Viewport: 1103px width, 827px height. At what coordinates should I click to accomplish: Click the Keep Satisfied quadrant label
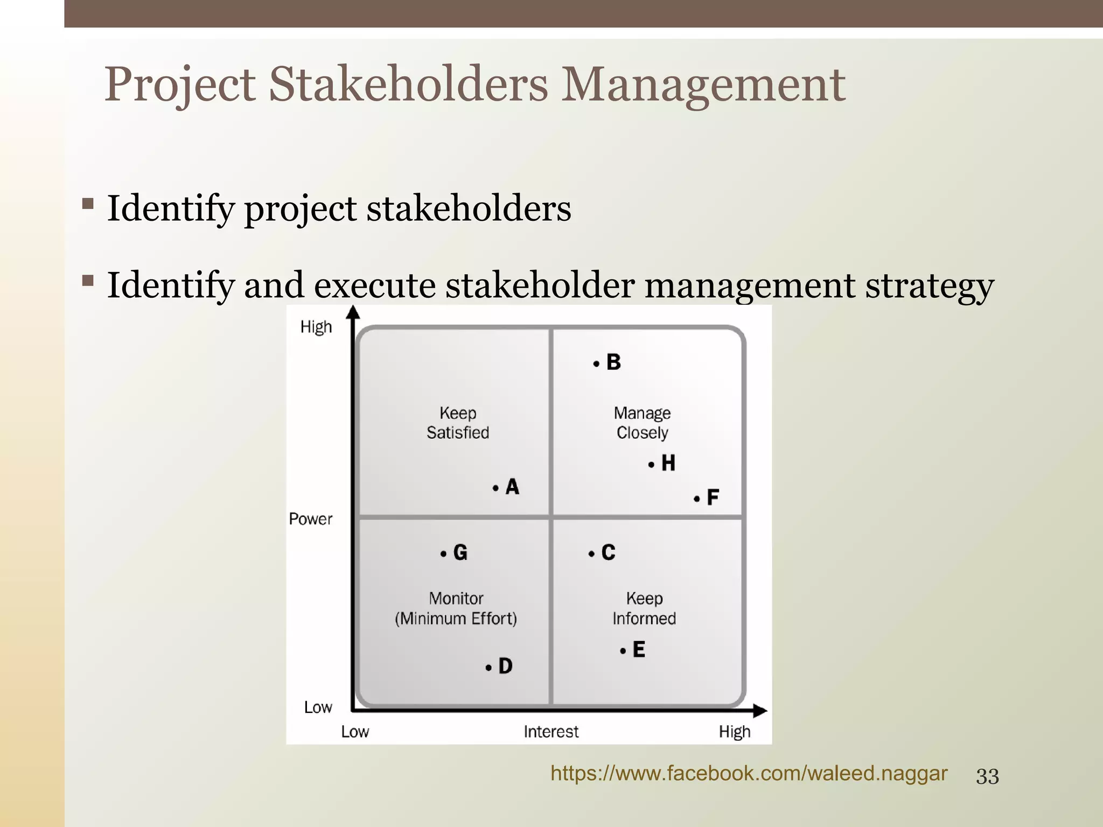[x=458, y=423]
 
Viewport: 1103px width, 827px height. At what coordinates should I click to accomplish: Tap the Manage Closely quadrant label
[x=642, y=423]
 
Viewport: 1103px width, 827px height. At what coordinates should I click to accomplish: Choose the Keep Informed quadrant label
[x=644, y=608]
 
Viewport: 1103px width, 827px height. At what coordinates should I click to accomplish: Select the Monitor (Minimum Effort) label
[x=456, y=608]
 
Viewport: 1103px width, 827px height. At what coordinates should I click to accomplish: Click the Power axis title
[x=311, y=519]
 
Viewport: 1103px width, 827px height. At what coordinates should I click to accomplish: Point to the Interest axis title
[x=551, y=732]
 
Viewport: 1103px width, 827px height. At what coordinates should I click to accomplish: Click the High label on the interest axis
[x=734, y=732]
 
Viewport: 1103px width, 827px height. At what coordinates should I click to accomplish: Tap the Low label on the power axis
[x=318, y=707]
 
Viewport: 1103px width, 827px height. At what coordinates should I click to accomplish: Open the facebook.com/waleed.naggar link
[x=749, y=773]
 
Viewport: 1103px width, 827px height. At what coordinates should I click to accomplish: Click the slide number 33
[x=987, y=776]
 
